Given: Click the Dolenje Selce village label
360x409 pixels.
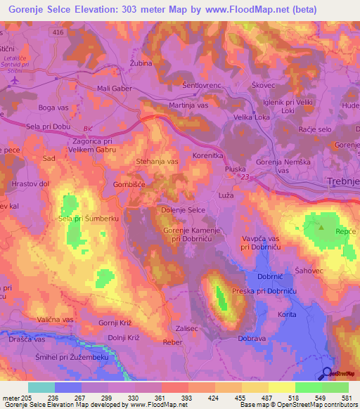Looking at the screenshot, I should point(184,210).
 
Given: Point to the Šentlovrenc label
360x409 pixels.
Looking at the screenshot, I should point(202,85).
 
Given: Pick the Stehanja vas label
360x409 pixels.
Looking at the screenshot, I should point(157,162).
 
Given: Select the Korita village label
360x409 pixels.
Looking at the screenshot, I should point(288,314).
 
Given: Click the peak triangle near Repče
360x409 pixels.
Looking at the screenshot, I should point(322,227).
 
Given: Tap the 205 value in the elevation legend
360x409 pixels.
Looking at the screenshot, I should point(27,397).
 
